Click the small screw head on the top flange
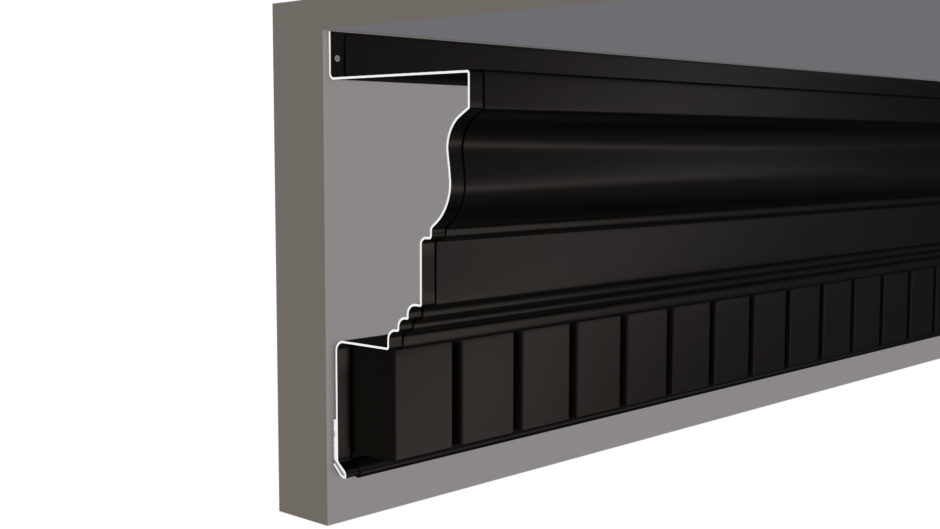[x=337, y=59]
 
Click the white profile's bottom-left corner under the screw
[x=331, y=76]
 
